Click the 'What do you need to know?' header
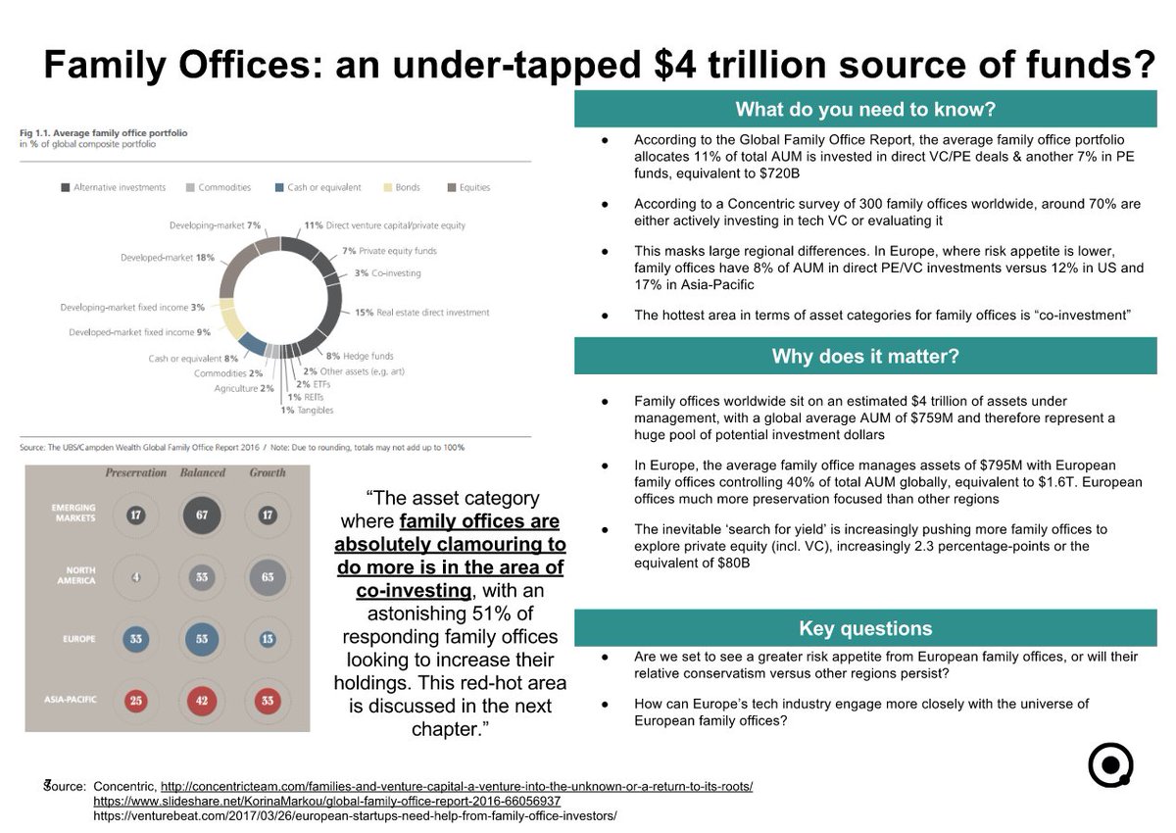[x=865, y=109]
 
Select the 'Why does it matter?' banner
[x=865, y=356]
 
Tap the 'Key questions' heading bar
[x=865, y=628]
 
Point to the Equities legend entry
[x=469, y=187]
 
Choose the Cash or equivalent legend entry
[x=318, y=187]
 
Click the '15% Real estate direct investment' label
[x=420, y=313]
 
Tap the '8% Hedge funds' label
[x=360, y=357]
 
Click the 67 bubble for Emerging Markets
[x=202, y=515]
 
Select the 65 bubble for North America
[x=267, y=577]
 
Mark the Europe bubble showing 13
[x=267, y=638]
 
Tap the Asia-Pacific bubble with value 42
[x=202, y=700]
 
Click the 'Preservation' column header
[x=136, y=472]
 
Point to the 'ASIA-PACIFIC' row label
[x=69, y=700]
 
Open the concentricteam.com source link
[x=457, y=786]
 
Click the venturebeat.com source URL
[x=355, y=815]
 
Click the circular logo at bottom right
[x=1110, y=764]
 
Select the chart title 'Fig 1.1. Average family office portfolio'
[x=104, y=131]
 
